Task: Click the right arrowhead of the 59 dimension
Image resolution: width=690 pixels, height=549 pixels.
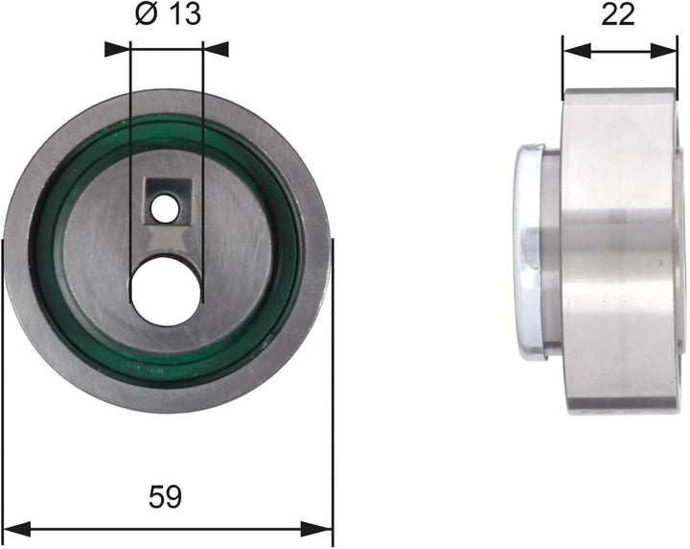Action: [326, 529]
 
